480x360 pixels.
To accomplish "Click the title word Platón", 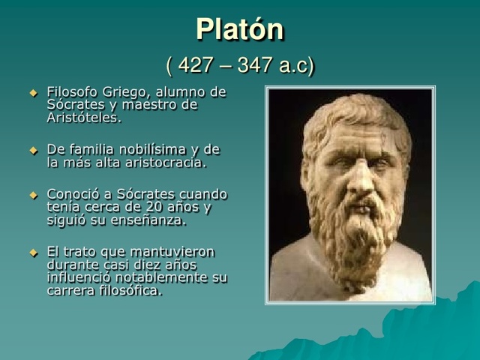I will pyautogui.click(x=239, y=30).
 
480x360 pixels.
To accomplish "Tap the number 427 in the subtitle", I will pyautogui.click(x=196, y=66).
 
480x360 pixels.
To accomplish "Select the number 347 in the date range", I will pyautogui.click(x=255, y=66).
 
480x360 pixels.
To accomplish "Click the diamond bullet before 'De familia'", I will pyautogui.click(x=32, y=150).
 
